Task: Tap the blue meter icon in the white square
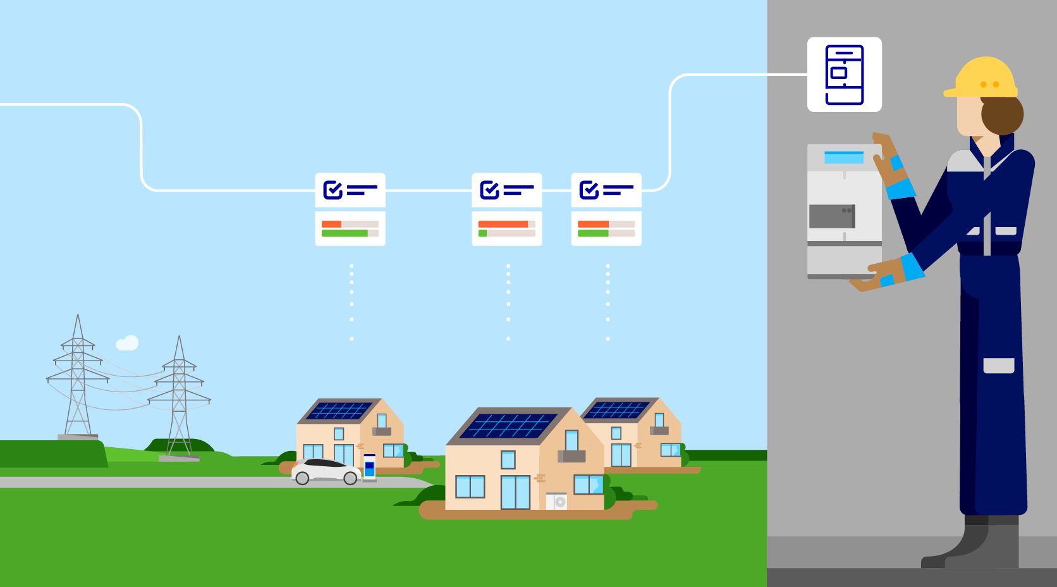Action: pyautogui.click(x=845, y=75)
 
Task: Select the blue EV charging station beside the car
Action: pyautogui.click(x=369, y=467)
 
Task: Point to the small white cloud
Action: pyautogui.click(x=128, y=343)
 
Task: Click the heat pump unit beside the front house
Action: pyautogui.click(x=557, y=501)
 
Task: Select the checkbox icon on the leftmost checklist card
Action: pyautogui.click(x=333, y=190)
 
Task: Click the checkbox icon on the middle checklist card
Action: pyautogui.click(x=489, y=190)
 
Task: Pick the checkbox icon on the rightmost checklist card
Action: pyautogui.click(x=589, y=190)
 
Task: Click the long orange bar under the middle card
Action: pyautogui.click(x=503, y=224)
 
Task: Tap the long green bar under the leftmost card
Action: pyautogui.click(x=345, y=233)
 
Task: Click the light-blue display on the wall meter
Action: pyautogui.click(x=844, y=157)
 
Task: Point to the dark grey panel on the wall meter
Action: pyautogui.click(x=832, y=216)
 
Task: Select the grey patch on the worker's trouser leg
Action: pyautogui.click(x=999, y=365)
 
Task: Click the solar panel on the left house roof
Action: pyautogui.click(x=339, y=411)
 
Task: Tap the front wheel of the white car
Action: pyautogui.click(x=302, y=478)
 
